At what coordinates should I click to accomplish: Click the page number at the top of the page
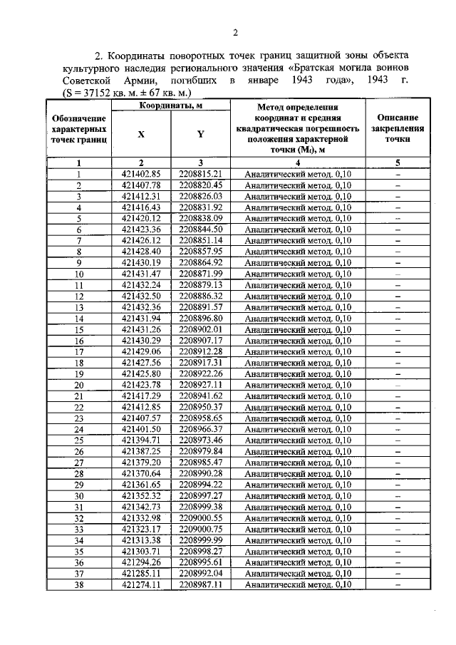click(x=234, y=31)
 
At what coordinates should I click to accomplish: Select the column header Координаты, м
click(x=171, y=106)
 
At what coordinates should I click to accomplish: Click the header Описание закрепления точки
click(x=398, y=128)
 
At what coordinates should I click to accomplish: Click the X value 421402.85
click(x=142, y=173)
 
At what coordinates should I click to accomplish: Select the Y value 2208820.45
click(x=201, y=185)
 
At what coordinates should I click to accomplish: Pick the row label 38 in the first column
click(x=79, y=584)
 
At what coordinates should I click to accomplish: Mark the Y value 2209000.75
click(x=201, y=529)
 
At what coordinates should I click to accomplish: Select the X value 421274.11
click(x=142, y=584)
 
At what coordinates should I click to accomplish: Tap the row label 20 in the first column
click(x=79, y=385)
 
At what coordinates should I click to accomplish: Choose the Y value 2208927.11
click(x=201, y=384)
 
